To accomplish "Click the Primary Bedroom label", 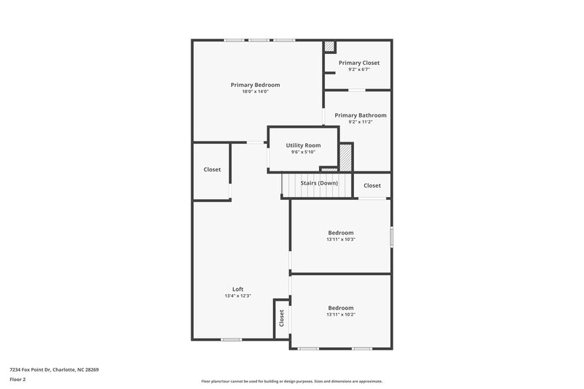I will point(255,85).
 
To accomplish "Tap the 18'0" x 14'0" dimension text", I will point(255,92).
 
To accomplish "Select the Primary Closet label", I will point(358,63).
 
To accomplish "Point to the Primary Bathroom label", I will point(360,115).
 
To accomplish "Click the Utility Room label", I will point(303,145).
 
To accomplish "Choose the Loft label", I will point(237,289).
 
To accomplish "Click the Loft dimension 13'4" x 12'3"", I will point(237,296).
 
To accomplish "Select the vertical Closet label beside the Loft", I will point(281,319).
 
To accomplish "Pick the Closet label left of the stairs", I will point(212,169).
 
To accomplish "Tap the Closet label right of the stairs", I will point(372,185).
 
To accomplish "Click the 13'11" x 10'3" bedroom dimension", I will point(340,239).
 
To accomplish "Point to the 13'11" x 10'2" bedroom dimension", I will point(340,315).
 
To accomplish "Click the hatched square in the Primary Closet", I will point(330,46).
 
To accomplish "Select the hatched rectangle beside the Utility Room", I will point(345,156).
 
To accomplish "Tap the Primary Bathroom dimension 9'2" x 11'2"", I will point(360,123).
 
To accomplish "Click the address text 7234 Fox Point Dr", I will point(54,370).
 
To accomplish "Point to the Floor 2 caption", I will point(18,380).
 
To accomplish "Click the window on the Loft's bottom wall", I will point(231,339).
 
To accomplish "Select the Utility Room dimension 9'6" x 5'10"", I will point(303,153).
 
